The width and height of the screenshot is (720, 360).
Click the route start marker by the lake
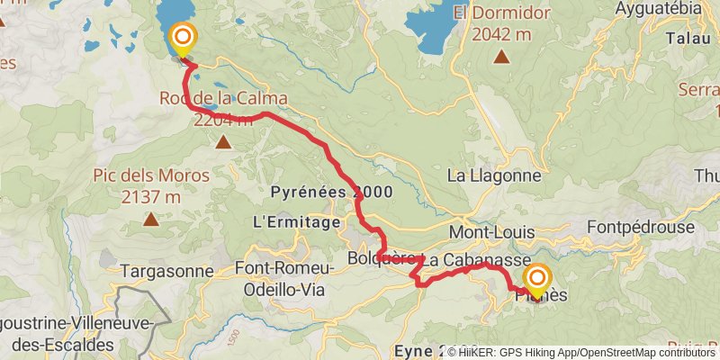click(183, 38)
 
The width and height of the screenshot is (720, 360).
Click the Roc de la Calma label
click(223, 98)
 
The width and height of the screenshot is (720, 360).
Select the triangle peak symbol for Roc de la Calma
click(222, 140)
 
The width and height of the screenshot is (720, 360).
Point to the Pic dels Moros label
click(151, 175)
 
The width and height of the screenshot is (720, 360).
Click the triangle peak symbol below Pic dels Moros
click(151, 218)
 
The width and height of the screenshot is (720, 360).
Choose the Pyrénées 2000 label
click(319, 193)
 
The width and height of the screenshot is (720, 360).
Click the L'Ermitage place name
click(297, 221)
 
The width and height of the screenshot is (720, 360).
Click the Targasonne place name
click(168, 270)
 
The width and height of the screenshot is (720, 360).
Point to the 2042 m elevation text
click(500, 34)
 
